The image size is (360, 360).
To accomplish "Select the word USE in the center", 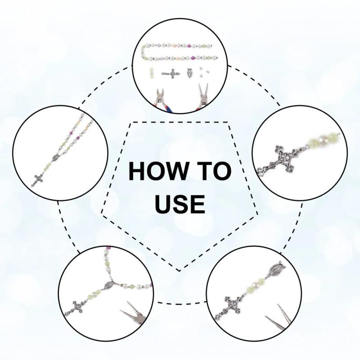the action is (180, 204).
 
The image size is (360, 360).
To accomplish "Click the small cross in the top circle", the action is (172, 74).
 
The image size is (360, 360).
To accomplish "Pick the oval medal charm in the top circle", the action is (190, 73).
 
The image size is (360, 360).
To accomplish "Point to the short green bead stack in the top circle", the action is (152, 73).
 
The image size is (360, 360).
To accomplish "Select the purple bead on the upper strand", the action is (189, 45).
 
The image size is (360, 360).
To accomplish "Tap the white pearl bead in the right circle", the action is (322, 140).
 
